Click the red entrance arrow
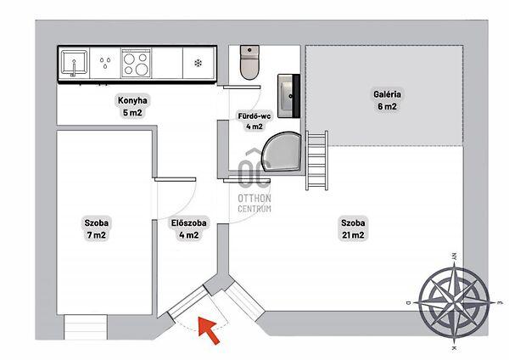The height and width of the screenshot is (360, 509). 209,329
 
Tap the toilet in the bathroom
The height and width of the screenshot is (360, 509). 249,62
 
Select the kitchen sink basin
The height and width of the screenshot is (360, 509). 75,63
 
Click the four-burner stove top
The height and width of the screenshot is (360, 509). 136,63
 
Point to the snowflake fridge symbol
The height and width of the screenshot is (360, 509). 198,63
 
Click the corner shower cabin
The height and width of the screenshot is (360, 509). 282,152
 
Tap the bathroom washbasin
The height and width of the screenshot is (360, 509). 288,96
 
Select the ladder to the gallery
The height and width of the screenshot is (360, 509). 316,160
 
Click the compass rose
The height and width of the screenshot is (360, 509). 454,301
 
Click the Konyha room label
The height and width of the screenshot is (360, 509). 132,100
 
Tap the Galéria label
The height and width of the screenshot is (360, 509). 387,94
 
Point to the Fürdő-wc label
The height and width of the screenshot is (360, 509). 255,116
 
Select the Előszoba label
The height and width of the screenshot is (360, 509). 188,223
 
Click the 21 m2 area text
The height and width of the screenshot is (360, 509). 353,235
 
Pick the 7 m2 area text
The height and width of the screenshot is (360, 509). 97,235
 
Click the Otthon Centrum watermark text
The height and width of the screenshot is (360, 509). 255,204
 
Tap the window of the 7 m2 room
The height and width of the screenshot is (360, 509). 86,327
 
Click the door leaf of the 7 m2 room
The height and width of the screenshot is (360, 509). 176,179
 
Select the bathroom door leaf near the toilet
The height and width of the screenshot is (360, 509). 242,87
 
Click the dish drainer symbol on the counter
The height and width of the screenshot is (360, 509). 105,63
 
